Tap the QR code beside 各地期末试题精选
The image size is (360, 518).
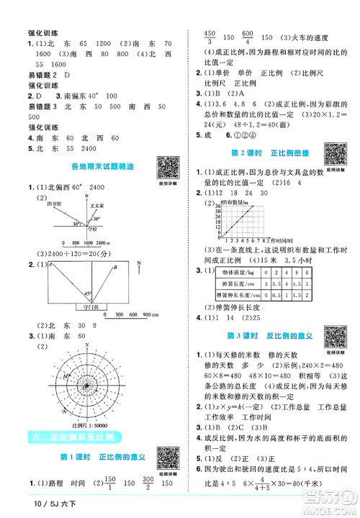point(166,167)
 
